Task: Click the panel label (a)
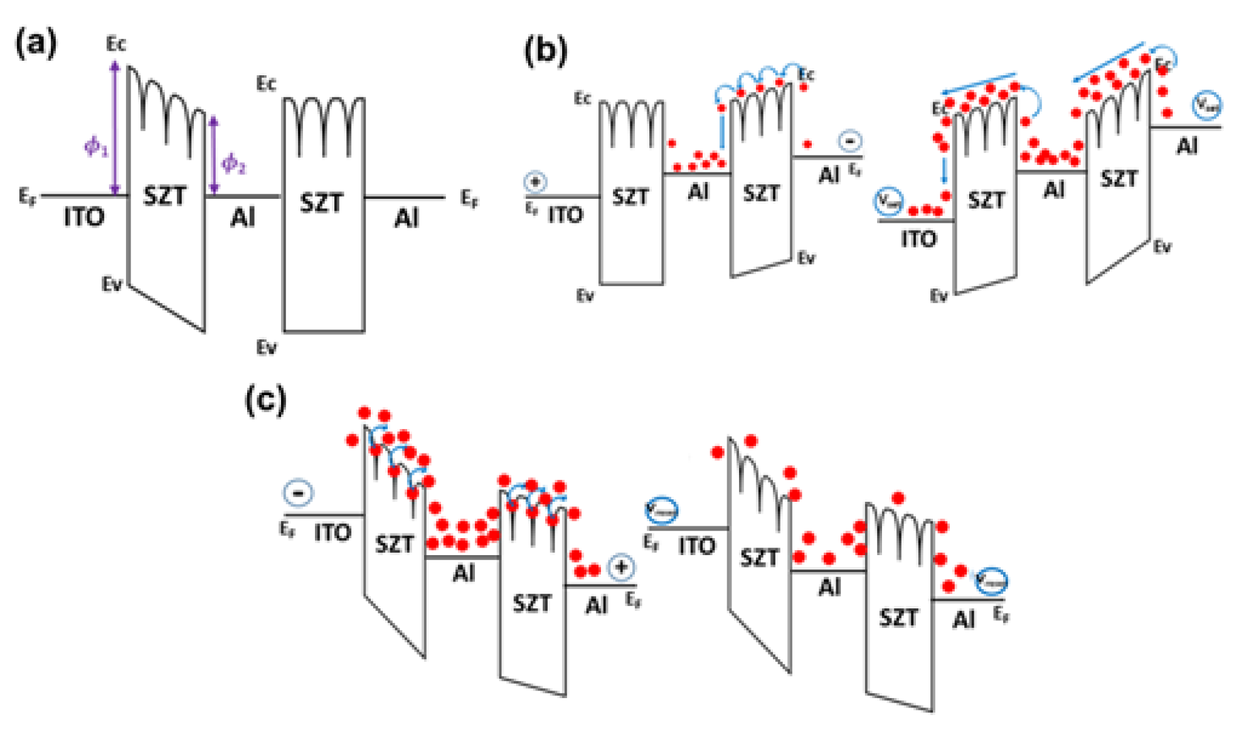(36, 45)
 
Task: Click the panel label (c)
(265, 400)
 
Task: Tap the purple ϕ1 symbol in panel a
(96, 147)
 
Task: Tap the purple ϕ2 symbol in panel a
(233, 164)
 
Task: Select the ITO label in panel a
(83, 218)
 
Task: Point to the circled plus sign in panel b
(535, 182)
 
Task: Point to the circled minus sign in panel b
(849, 141)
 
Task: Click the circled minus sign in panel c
(298, 493)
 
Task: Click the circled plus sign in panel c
(621, 568)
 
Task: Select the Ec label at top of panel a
(116, 44)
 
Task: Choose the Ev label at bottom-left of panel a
(112, 285)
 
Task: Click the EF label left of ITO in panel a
(27, 198)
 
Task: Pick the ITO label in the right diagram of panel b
(918, 239)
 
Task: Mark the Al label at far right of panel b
(1186, 147)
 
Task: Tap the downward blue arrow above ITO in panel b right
(944, 169)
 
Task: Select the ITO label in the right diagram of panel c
(696, 546)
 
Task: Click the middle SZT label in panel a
(321, 203)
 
